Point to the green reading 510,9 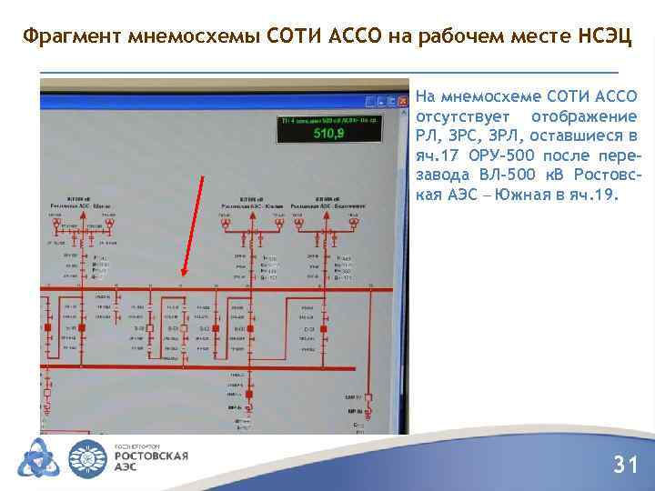[x=328, y=134]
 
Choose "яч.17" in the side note [x=438, y=155]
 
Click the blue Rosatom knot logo [x=36, y=457]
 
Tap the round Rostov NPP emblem [x=88, y=457]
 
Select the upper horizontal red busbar [x=218, y=290]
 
